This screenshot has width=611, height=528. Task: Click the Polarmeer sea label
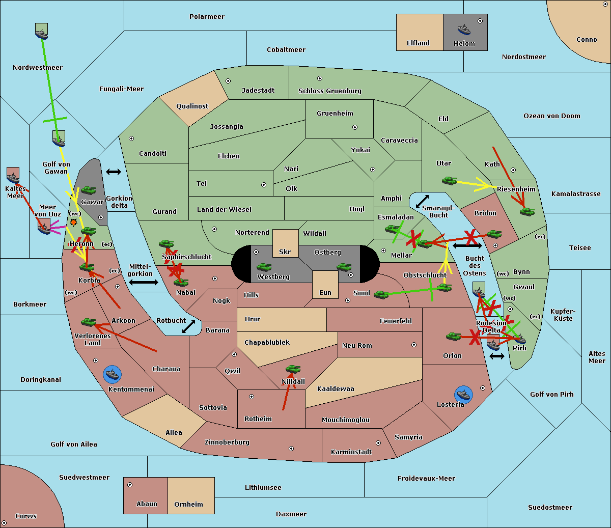pos(207,17)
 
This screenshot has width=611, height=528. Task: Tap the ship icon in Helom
pos(464,30)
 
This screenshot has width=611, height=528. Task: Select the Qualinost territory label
pos(192,106)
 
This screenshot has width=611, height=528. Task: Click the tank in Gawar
pos(89,190)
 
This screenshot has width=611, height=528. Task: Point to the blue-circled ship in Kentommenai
pos(112,374)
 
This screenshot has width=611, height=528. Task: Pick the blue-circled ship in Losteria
pos(463,395)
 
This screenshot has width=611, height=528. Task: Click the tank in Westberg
pos(264,267)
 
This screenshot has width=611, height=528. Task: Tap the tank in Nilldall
pos(293,369)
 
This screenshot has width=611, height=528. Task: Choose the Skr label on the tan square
pos(285,252)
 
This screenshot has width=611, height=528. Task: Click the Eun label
pos(325,292)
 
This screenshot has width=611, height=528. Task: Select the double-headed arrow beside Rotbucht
pos(188,326)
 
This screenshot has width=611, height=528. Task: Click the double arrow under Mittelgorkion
pos(144,282)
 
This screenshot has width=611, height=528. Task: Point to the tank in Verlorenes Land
pos(89,322)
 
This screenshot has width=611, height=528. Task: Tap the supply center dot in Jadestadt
pos(228,81)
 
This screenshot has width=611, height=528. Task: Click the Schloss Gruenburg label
pos(330,91)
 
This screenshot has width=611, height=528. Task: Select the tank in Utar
pos(449,180)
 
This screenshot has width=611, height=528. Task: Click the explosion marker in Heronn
pos(73,221)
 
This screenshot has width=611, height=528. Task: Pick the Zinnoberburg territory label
pos(227,442)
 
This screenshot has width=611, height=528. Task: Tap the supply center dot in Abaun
pos(129,485)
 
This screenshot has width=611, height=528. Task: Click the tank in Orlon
pos(454,337)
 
